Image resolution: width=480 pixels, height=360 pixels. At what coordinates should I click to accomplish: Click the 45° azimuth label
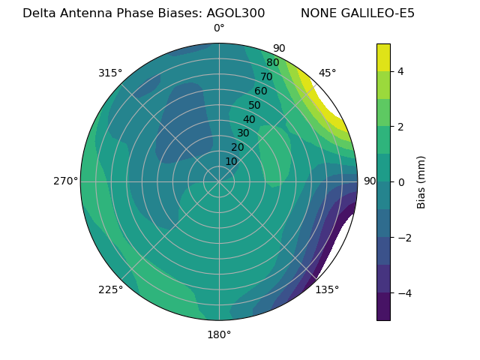click(x=327, y=73)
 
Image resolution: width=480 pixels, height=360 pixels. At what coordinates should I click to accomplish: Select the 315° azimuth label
click(x=110, y=73)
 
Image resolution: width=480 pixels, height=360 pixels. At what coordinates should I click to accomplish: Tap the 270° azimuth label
click(x=65, y=181)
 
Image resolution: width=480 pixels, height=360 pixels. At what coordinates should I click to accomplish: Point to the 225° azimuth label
click(x=110, y=290)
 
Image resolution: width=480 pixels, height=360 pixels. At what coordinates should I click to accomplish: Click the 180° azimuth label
click(x=219, y=334)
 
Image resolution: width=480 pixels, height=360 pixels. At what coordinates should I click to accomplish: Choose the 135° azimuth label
click(x=327, y=290)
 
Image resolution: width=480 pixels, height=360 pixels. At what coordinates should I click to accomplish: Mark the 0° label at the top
click(x=219, y=28)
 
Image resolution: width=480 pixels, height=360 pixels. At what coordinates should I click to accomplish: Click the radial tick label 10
click(x=231, y=161)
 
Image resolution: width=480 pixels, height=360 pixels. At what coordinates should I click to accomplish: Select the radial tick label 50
click(x=254, y=106)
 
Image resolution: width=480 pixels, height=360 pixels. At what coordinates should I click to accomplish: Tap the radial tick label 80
click(x=272, y=63)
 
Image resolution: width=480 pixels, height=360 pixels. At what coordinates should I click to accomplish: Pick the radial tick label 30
click(x=243, y=133)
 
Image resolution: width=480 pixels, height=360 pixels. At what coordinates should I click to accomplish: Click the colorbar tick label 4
click(x=401, y=71)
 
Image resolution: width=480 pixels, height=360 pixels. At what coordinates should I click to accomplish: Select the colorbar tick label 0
click(x=401, y=182)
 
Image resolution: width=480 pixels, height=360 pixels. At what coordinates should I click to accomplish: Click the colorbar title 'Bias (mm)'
click(x=421, y=182)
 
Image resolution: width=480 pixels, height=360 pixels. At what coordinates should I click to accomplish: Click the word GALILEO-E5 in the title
click(x=378, y=13)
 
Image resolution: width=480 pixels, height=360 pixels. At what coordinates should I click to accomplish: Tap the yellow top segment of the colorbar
click(x=383, y=57)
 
